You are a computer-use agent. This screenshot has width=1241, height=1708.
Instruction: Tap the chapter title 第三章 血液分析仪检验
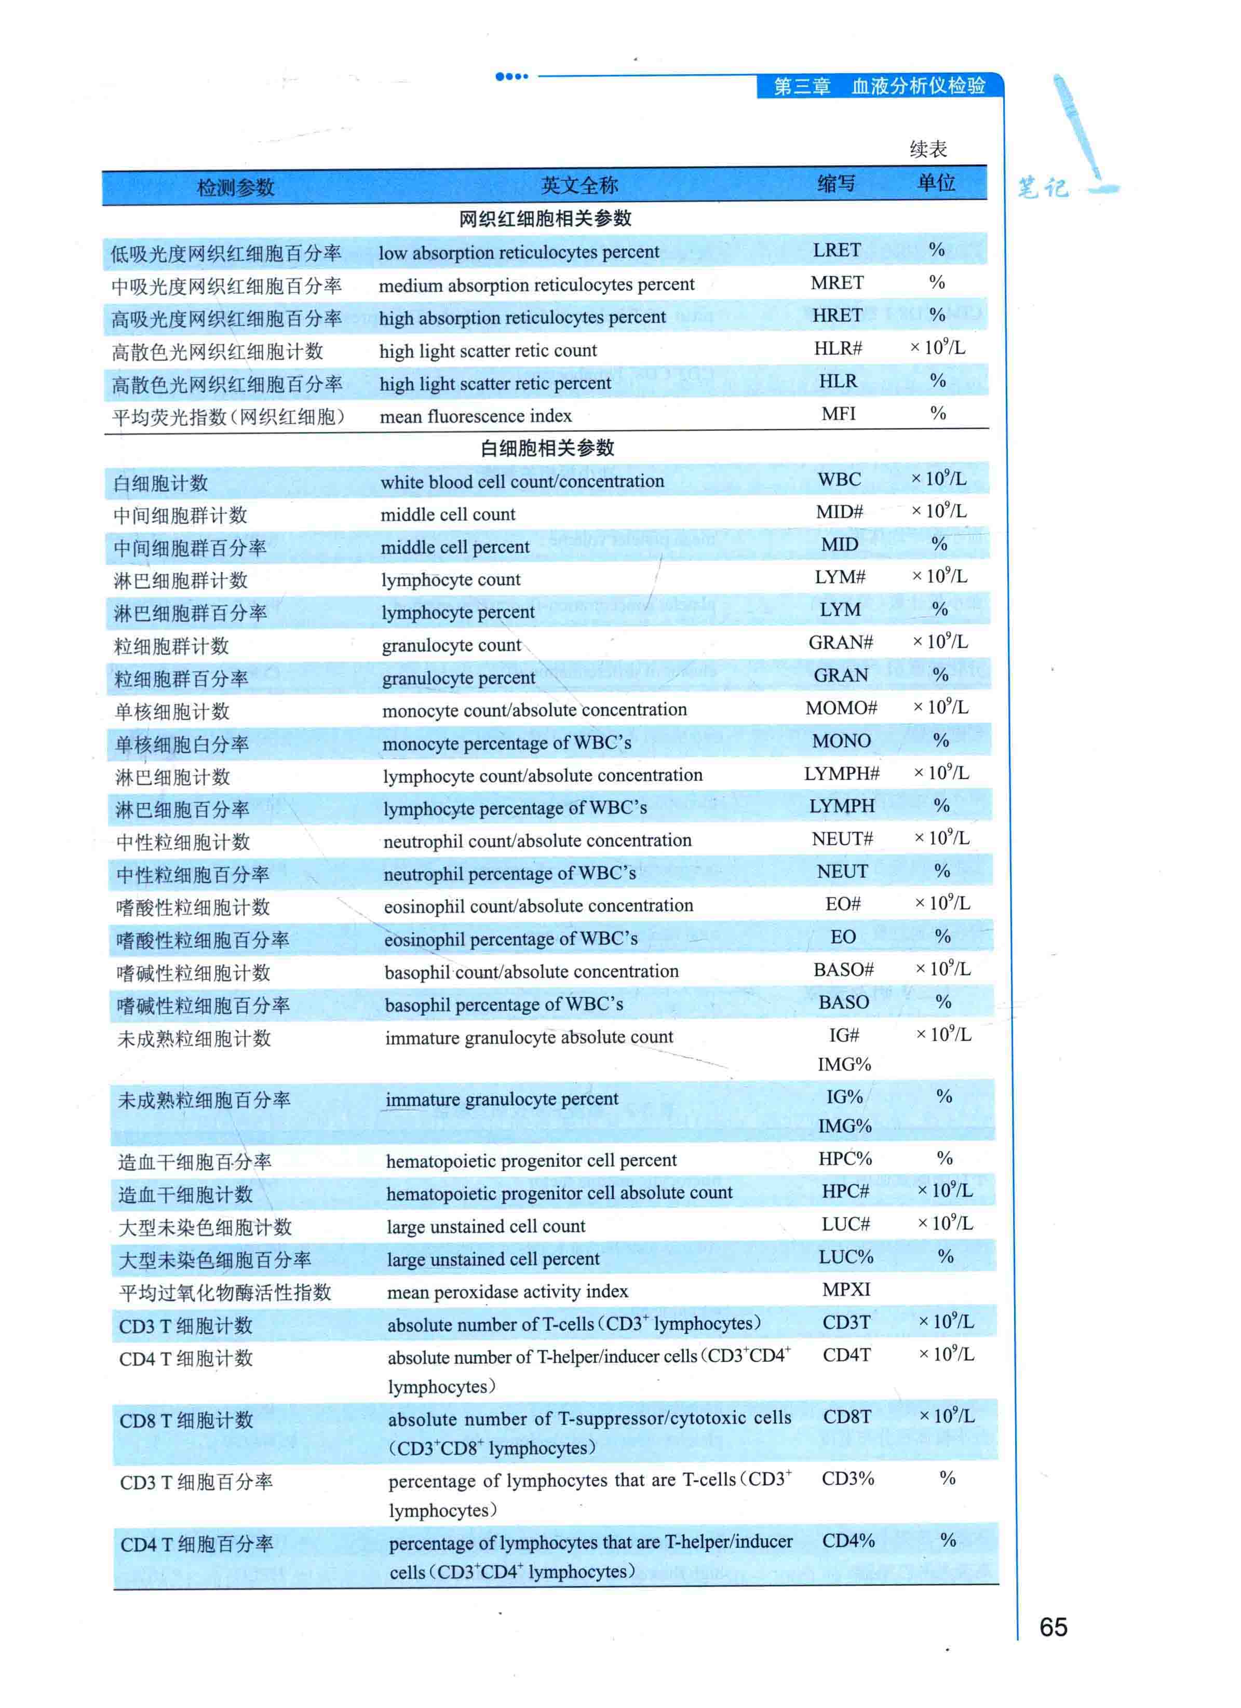point(880,86)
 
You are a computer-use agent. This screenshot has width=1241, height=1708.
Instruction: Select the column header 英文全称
point(579,184)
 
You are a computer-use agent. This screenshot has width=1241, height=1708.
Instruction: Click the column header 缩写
point(836,183)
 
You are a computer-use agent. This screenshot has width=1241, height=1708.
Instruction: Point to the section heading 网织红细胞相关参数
point(545,219)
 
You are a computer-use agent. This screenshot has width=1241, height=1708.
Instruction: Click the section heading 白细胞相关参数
point(547,448)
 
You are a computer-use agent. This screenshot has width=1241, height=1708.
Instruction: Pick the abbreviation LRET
point(837,250)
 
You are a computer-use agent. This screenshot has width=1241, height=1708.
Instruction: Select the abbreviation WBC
point(839,479)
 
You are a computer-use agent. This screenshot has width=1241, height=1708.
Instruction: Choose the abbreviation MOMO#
point(841,708)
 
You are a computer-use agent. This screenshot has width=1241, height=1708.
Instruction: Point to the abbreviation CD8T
point(847,1417)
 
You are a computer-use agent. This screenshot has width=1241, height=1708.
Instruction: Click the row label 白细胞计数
point(160,483)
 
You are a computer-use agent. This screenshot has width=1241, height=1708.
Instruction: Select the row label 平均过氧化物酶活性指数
point(225,1292)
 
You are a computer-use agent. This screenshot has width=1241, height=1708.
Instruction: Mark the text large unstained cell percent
point(493,1258)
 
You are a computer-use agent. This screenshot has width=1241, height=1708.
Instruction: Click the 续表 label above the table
point(928,149)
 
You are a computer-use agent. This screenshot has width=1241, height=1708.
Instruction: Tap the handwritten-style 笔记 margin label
point(1043,187)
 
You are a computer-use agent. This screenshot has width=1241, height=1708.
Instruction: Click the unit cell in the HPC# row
point(945,1190)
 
